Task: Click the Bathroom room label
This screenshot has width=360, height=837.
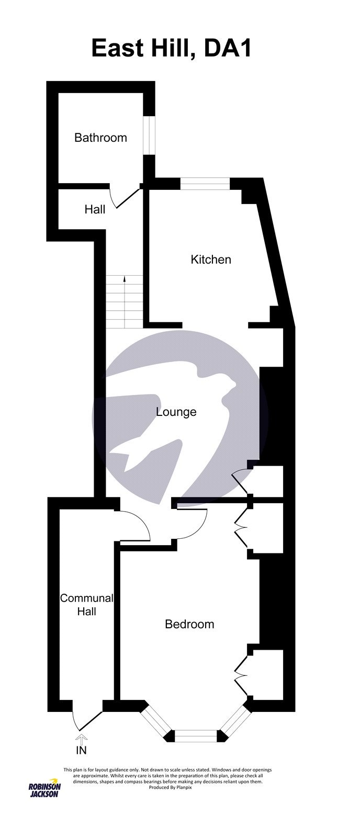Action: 100,138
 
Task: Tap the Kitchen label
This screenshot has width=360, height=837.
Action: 211,259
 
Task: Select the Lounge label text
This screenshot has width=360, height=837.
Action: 176,412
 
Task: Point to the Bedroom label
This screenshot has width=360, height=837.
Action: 189,624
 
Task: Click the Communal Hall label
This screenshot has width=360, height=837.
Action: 86,604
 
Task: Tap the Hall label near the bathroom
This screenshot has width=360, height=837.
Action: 95,209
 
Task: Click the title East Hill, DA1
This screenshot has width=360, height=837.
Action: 172,49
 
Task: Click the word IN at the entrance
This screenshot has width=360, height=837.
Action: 82,751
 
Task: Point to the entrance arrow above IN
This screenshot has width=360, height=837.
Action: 82,739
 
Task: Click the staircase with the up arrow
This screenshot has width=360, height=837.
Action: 125,302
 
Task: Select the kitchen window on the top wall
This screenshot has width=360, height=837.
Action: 205,184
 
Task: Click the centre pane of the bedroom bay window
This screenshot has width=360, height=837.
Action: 195,736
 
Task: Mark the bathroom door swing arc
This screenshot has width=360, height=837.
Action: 125,197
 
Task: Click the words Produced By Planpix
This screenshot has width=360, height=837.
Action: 171,787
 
